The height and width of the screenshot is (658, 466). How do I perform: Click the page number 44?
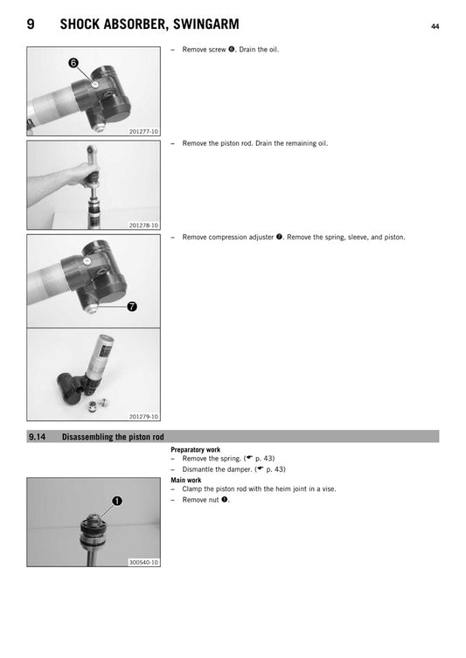pos(435,26)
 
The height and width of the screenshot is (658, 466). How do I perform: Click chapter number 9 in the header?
pos(31,25)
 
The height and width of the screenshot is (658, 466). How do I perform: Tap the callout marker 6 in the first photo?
pos(73,64)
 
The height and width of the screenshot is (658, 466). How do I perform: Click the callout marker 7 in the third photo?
pos(131,306)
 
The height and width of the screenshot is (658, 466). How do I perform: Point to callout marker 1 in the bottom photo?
pos(116,501)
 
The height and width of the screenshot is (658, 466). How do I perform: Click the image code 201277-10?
pos(143,131)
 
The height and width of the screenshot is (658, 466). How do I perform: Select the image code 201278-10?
pos(143,225)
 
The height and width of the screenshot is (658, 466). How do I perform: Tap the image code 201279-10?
pos(143,417)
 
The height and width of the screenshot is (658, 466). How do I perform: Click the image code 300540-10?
pos(143,562)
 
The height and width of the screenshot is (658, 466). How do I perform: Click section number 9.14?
pos(37,437)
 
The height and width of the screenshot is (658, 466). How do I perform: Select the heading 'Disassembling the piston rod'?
pos(113,437)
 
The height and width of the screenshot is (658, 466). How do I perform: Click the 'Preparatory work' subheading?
pos(195,450)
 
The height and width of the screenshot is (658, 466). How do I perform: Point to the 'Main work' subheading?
pos(185,480)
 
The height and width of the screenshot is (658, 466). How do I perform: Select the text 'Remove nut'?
pos(200,500)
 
